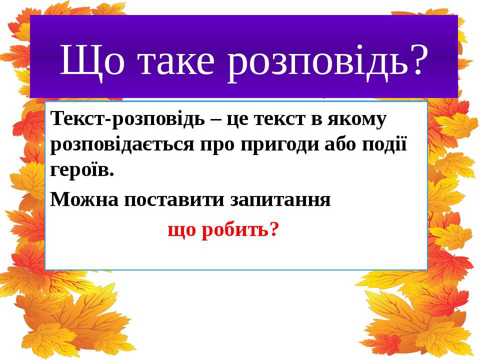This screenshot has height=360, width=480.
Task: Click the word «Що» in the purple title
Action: pos(92,61)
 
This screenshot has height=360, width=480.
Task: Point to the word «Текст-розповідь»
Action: pos(127,119)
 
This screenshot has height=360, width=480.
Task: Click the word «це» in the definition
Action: pos(236,119)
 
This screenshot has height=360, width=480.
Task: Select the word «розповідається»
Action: pos(122,145)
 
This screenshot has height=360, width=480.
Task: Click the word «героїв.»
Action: pos(82,170)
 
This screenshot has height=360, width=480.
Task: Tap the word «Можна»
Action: pos(84,199)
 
